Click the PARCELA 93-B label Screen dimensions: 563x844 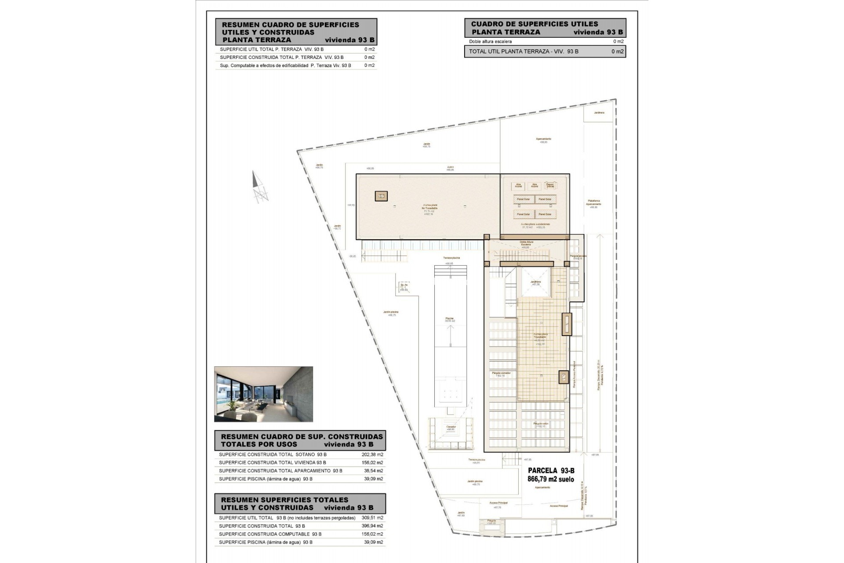(x=551, y=471)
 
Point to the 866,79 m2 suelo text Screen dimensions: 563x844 (x=551, y=479)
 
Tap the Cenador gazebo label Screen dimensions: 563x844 (x=451, y=428)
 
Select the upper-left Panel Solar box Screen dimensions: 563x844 (x=523, y=199)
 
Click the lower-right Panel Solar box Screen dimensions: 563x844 (x=545, y=214)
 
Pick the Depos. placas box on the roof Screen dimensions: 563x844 (x=549, y=186)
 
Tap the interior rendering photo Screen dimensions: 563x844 (x=263, y=394)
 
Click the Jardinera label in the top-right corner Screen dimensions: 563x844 (x=599, y=113)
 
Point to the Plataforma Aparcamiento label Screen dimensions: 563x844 (x=593, y=203)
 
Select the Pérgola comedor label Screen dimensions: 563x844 (x=501, y=374)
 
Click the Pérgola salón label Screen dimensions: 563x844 (x=541, y=424)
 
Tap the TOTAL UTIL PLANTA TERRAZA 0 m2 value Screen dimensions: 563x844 (x=617, y=51)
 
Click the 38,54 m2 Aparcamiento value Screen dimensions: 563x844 (x=374, y=471)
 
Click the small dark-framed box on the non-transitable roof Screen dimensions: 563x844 (x=381, y=196)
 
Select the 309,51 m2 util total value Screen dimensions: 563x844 (x=374, y=518)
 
